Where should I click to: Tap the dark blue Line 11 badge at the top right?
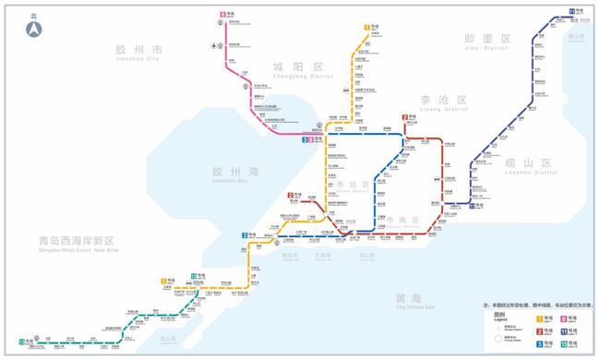(572, 11)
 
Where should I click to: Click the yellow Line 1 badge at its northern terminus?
(366, 28)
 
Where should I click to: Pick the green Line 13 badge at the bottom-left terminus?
(21, 342)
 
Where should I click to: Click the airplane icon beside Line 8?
(215, 45)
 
